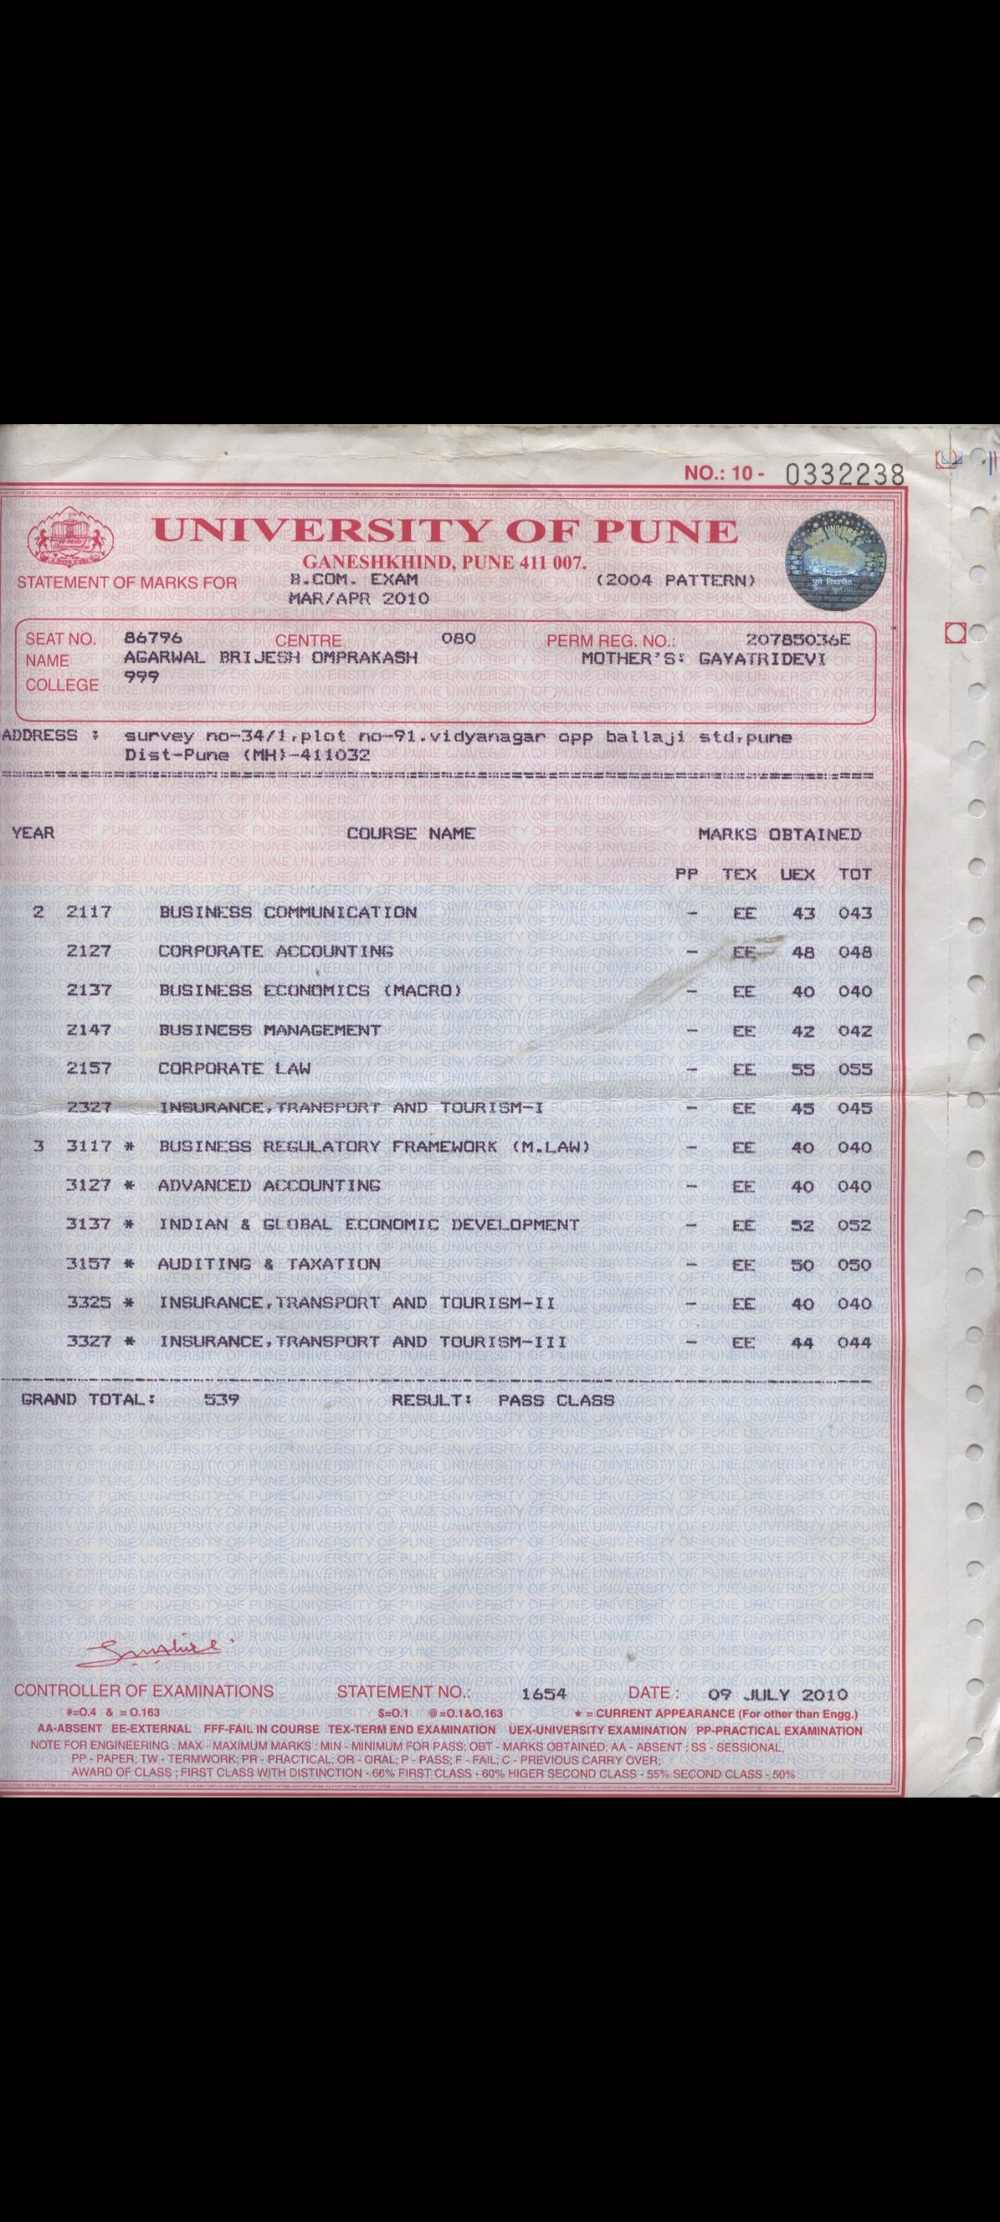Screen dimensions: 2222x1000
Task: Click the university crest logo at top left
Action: click(70, 540)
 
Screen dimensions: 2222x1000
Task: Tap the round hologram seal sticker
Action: click(835, 560)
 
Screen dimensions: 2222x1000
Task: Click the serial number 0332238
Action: click(844, 475)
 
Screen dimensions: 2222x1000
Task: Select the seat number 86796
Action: click(153, 638)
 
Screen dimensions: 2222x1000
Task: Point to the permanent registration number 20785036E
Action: click(797, 640)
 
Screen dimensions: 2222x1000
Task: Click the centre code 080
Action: click(458, 638)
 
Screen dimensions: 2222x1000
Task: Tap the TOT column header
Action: click(855, 874)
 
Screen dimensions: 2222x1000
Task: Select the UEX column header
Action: click(797, 874)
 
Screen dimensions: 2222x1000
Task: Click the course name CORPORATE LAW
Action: click(234, 1068)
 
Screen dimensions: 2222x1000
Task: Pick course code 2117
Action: click(89, 912)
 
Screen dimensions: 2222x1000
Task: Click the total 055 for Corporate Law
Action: click(855, 1069)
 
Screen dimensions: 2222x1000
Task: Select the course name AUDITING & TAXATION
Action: click(269, 1264)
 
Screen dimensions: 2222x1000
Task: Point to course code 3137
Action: click(89, 1224)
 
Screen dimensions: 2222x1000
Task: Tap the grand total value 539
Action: click(221, 1400)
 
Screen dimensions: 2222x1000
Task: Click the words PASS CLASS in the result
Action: click(556, 1400)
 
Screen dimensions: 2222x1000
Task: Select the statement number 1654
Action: click(544, 1694)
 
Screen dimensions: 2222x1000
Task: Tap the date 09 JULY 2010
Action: click(778, 1694)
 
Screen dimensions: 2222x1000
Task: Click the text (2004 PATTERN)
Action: click(676, 580)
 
